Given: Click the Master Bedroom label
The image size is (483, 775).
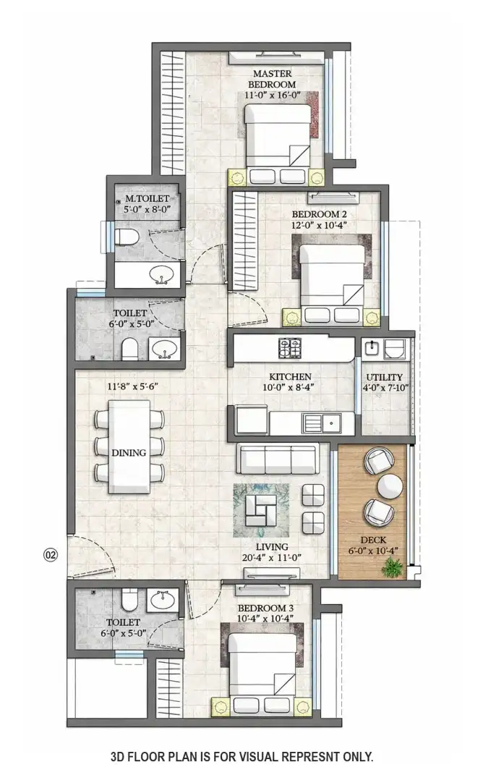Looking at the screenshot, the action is pyautogui.click(x=272, y=79).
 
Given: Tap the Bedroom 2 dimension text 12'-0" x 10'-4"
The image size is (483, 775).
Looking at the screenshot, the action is pyautogui.click(x=319, y=225).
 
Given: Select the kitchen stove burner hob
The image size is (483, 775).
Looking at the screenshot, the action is pyautogui.click(x=290, y=348).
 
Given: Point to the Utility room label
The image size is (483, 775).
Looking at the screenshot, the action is pyautogui.click(x=384, y=377).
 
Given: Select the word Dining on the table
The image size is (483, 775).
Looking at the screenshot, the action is pyautogui.click(x=129, y=452).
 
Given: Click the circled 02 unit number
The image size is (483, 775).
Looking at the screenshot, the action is pyautogui.click(x=51, y=554).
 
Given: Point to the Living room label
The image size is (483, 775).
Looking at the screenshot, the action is pyautogui.click(x=272, y=546).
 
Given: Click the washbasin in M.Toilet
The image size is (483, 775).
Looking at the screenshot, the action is pyautogui.click(x=161, y=275).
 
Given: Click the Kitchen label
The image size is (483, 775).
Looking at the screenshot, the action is pyautogui.click(x=290, y=376).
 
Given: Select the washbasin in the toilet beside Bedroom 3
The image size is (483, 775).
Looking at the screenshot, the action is pyautogui.click(x=162, y=600).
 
